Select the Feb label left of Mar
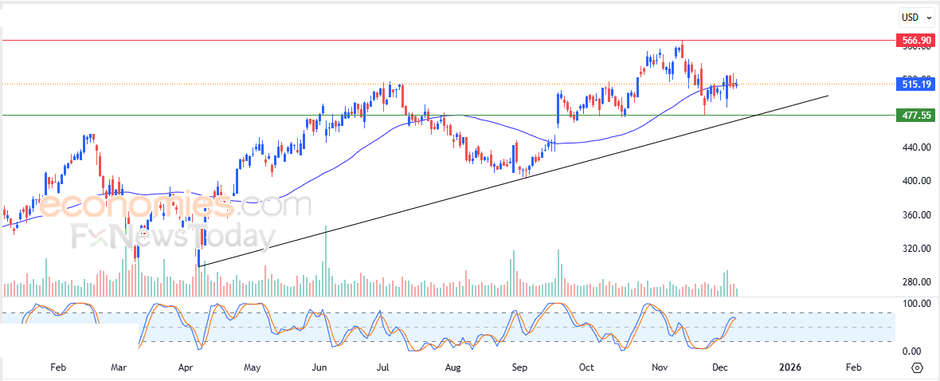click(x=57, y=368)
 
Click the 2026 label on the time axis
click(x=789, y=368)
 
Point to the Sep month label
click(x=519, y=368)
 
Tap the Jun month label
click(x=319, y=368)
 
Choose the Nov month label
click(x=660, y=368)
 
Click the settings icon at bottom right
click(x=917, y=368)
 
